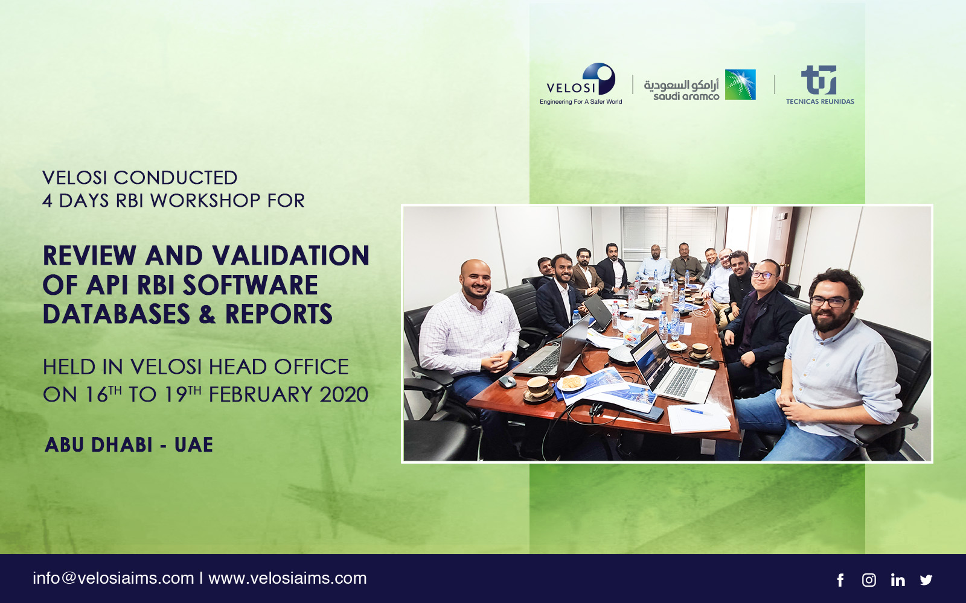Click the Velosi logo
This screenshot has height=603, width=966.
[580, 84]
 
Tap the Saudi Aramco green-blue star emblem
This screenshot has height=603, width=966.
[740, 84]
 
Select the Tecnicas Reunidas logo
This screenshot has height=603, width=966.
[819, 85]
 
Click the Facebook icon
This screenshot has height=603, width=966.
[840, 579]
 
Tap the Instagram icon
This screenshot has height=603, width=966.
[869, 579]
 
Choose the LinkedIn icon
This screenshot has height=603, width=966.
[898, 579]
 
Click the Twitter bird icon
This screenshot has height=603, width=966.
[926, 579]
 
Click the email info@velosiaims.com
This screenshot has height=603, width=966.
[114, 578]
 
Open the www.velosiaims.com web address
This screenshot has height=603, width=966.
[287, 578]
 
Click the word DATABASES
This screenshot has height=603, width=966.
[117, 314]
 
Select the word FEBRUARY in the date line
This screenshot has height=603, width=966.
[260, 394]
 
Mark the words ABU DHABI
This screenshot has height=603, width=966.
[98, 445]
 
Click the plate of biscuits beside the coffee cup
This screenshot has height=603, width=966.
[571, 382]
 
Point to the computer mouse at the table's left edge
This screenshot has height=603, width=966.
[507, 381]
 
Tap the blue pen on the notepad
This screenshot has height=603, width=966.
[695, 411]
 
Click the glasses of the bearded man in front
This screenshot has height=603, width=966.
[830, 302]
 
